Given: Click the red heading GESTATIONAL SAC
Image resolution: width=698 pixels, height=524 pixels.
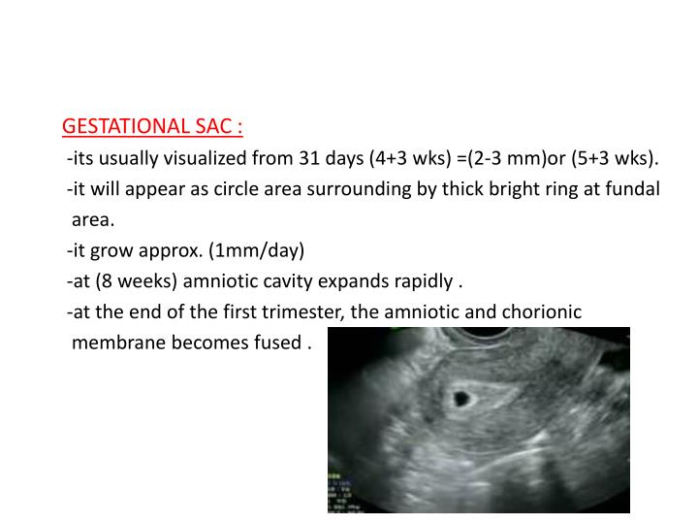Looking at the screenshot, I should (x=152, y=127).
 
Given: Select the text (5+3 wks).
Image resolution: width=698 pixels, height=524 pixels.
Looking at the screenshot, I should (x=618, y=158).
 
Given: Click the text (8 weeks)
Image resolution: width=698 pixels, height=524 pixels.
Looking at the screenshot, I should (x=128, y=282).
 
